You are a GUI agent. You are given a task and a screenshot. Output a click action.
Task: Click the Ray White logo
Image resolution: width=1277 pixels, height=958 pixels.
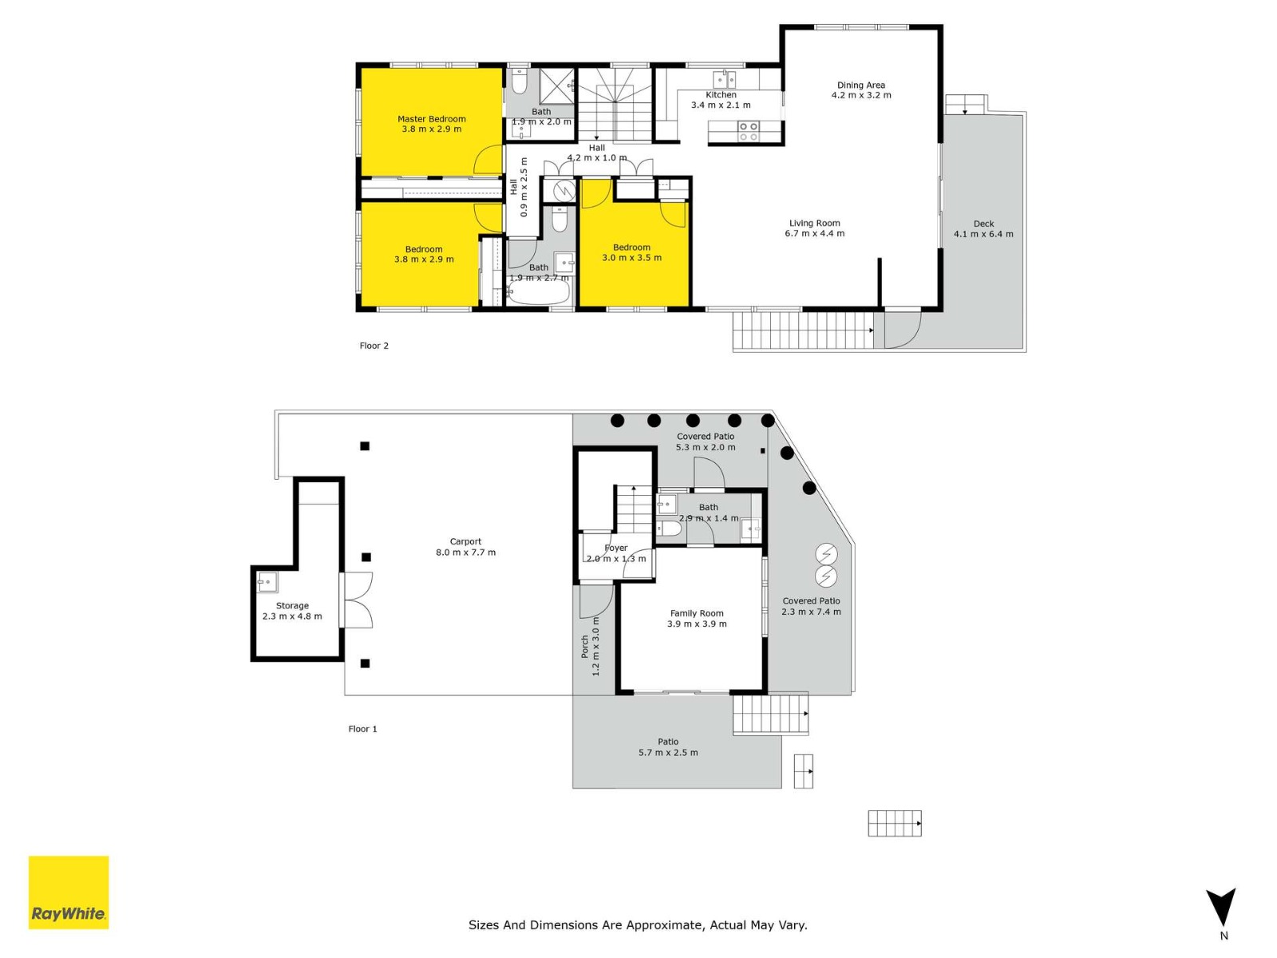pos(69,893)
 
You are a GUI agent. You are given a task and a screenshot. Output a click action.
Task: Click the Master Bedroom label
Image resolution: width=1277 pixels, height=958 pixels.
pos(432,119)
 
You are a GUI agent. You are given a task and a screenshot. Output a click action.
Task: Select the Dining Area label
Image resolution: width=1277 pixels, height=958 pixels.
pos(861,85)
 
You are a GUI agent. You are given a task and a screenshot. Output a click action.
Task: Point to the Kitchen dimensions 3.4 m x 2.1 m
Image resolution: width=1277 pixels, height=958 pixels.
pos(721,105)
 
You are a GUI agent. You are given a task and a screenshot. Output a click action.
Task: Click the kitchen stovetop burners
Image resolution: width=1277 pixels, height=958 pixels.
pos(748,132)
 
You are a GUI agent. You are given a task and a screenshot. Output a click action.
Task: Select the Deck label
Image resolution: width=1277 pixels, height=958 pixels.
pos(984,224)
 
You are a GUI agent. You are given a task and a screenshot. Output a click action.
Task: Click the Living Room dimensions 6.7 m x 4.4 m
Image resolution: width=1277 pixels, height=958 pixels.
pos(815,234)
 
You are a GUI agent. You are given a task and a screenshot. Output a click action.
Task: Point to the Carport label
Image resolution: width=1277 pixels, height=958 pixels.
pos(465,541)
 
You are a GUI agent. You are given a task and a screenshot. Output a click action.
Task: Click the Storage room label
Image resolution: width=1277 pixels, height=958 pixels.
pos(292,605)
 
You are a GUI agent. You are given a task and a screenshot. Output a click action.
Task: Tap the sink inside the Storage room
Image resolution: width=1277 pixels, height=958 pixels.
pos(267,582)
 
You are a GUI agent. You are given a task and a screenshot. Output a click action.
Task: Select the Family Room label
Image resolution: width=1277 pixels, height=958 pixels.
pos(697,613)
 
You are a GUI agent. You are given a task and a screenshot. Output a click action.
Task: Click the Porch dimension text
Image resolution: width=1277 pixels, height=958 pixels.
pos(595,646)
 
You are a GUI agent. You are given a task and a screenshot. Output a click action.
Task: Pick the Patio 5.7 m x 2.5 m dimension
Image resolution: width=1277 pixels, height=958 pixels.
pos(668,753)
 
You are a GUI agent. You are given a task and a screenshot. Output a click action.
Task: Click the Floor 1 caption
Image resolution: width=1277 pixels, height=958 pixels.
pos(362,729)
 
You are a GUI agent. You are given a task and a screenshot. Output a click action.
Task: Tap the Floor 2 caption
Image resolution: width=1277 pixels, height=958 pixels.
pos(374,346)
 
